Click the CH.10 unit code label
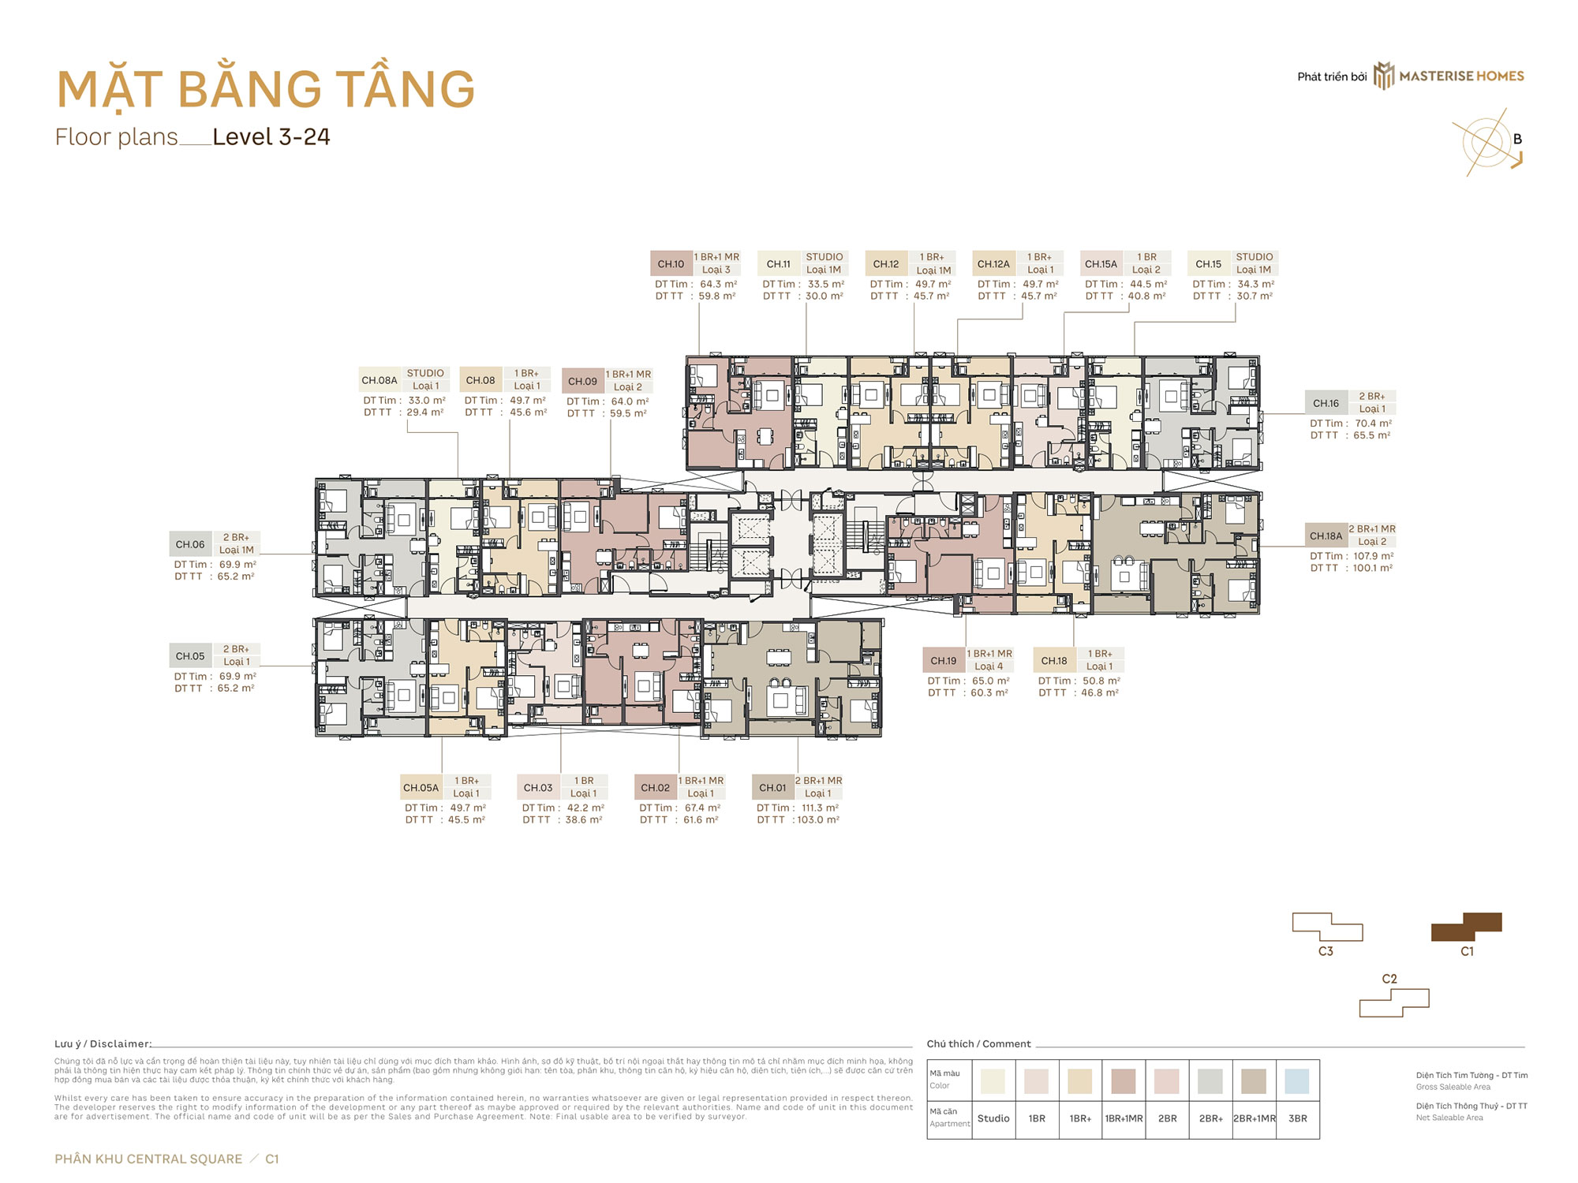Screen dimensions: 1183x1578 click(x=671, y=264)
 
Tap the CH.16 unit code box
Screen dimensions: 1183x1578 click(x=1326, y=403)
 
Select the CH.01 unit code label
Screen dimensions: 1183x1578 click(x=772, y=787)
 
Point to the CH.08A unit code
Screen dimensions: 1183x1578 click(x=380, y=380)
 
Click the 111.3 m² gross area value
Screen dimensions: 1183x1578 click(x=820, y=808)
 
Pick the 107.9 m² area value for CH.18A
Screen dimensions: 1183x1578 click(x=1373, y=556)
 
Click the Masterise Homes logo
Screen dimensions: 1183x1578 click(x=1449, y=77)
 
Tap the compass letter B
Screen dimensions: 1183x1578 click(x=1516, y=139)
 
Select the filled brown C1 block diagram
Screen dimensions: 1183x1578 click(x=1467, y=927)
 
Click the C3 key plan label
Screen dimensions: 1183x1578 click(x=1326, y=951)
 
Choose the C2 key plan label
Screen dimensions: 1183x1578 click(x=1389, y=979)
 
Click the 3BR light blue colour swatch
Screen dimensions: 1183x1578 click(x=1296, y=1081)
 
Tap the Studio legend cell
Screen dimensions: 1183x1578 click(x=993, y=1118)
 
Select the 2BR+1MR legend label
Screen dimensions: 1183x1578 click(x=1254, y=1118)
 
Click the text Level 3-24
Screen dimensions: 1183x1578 click(x=271, y=137)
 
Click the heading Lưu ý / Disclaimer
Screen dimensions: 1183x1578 click(x=103, y=1043)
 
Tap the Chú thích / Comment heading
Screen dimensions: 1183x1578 click(x=978, y=1043)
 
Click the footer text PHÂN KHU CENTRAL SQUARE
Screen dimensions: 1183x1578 click(x=148, y=1159)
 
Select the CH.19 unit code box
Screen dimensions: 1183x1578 click(x=943, y=661)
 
